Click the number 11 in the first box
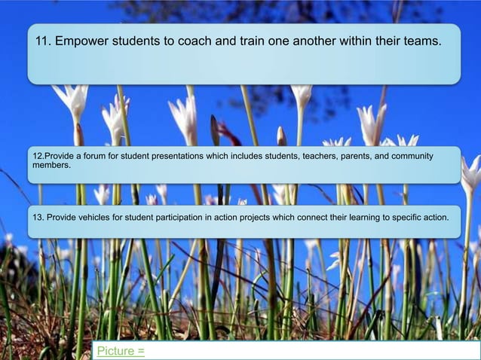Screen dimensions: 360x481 [x=44, y=41]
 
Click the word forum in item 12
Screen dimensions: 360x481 [x=96, y=156]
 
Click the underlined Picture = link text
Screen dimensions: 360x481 [x=121, y=351]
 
